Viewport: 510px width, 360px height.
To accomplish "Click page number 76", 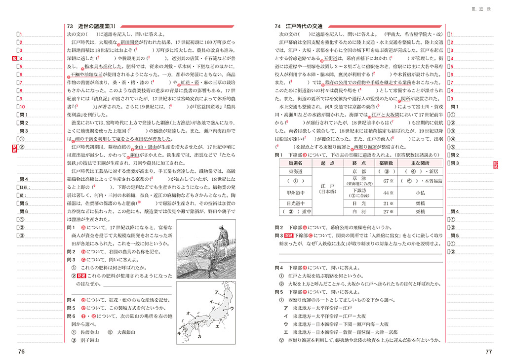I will pos(21,351).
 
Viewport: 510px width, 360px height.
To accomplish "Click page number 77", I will pos(488,352).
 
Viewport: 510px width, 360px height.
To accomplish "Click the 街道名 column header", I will pos(296,163).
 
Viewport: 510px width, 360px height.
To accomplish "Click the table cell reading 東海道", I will pos(296,171).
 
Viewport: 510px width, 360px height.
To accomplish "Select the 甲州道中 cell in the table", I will pos(296,192).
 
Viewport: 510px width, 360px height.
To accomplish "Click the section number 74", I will pos(277,26).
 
